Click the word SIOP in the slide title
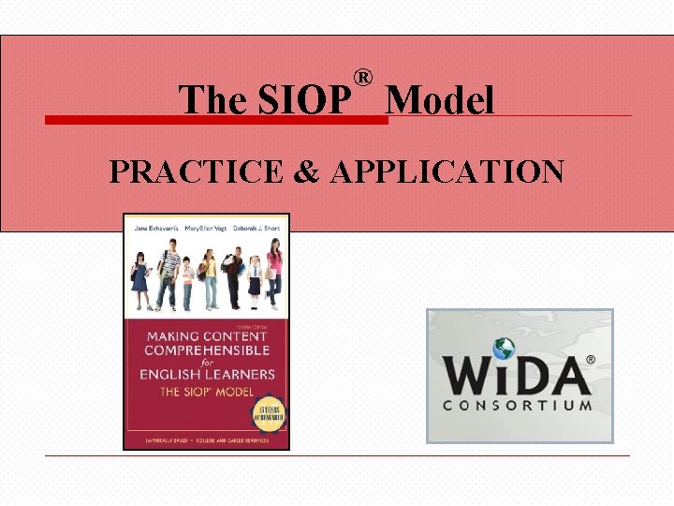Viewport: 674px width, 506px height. (299, 99)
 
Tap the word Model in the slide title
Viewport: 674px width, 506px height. (439, 99)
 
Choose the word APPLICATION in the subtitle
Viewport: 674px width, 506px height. (447, 172)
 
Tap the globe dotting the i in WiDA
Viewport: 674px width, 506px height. (505, 348)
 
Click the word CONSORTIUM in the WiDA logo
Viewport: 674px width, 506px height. (517, 406)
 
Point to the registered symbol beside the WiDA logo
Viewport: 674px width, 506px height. (590, 359)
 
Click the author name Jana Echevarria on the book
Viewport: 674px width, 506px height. (154, 228)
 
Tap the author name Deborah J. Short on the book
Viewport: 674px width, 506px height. (256, 228)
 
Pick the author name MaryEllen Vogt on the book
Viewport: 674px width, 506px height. (206, 228)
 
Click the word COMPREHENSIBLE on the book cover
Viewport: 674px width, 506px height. (207, 350)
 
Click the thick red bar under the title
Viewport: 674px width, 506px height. (216, 120)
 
